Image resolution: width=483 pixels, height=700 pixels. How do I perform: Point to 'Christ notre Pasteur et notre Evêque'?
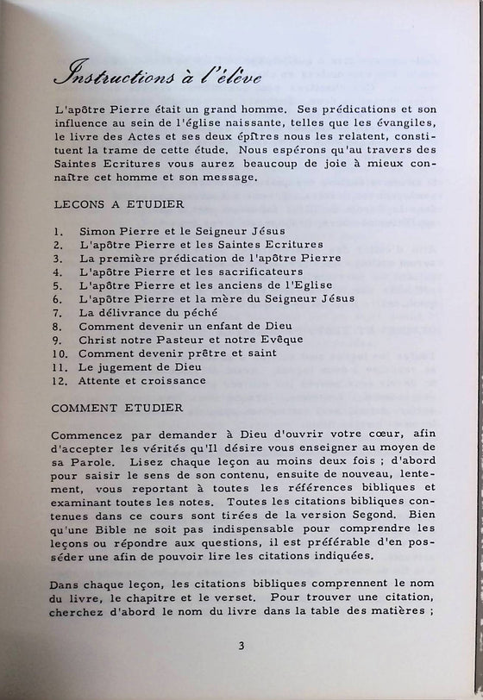186,340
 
